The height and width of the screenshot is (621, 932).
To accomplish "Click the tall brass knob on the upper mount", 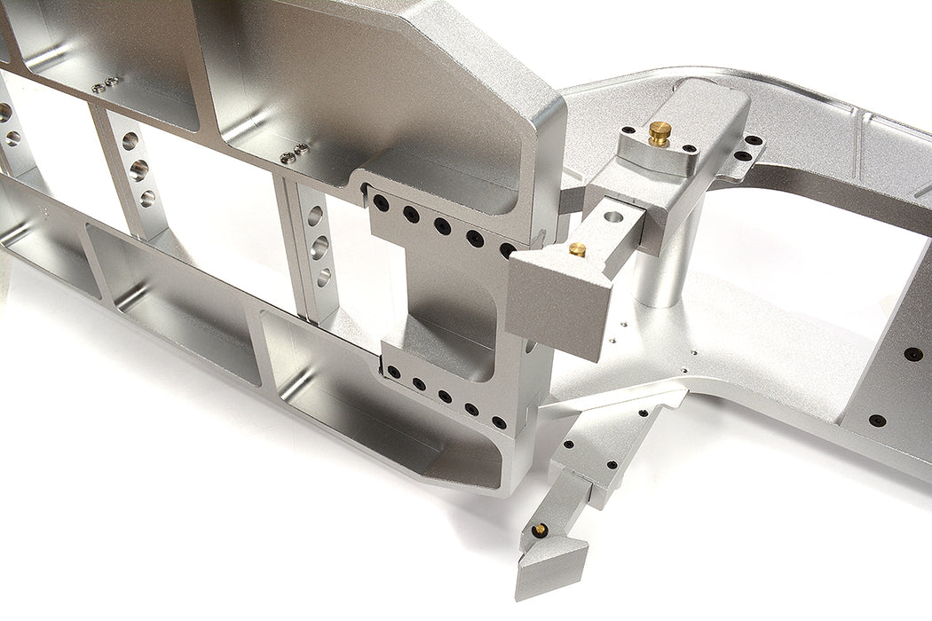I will tap(659, 133).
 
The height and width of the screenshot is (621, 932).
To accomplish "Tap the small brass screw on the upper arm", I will tap(577, 250).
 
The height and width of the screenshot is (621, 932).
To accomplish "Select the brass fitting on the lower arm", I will tap(539, 530).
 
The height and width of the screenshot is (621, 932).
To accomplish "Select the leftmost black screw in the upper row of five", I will tap(381, 203).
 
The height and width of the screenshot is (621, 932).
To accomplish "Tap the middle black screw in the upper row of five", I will tap(442, 225).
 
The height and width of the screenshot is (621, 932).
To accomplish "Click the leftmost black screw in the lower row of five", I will tap(392, 372).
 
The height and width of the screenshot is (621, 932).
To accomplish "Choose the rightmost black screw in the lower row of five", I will tap(499, 422).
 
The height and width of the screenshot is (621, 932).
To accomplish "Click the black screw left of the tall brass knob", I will tap(628, 130).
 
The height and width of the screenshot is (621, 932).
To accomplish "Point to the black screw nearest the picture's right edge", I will tap(912, 354).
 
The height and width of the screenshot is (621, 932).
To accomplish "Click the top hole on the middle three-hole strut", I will tap(130, 141).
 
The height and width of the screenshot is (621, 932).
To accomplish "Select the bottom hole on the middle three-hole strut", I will tap(146, 197).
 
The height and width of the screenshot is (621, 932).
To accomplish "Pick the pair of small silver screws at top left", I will tap(105, 85).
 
